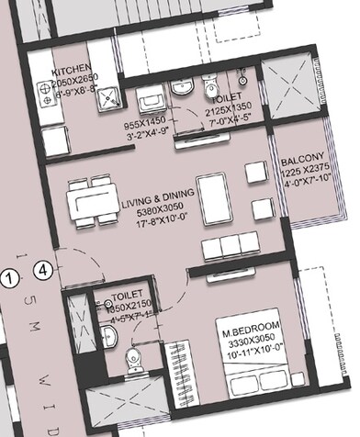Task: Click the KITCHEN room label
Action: [x=72, y=72]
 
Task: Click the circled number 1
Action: [x=9, y=275]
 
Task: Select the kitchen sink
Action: [x=108, y=95]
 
